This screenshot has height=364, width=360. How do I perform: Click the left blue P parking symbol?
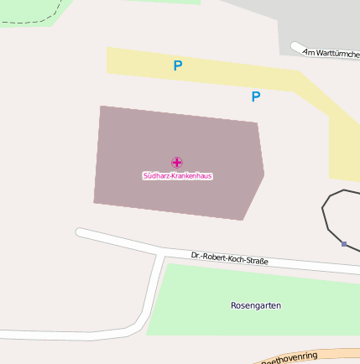click(177, 65)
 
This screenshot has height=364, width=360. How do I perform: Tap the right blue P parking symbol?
click(255, 96)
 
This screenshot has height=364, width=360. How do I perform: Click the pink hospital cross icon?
click(176, 162)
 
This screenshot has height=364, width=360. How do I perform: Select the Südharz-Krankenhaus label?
click(177, 176)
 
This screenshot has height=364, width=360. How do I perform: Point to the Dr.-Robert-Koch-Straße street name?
click(229, 257)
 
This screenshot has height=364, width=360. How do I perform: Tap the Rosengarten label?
click(256, 305)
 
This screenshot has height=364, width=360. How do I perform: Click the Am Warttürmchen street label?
click(331, 52)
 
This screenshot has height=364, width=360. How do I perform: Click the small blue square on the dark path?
click(344, 244)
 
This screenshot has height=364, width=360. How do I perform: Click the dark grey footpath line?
click(325, 218)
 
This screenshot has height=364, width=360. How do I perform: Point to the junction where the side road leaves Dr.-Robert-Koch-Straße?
click(159, 253)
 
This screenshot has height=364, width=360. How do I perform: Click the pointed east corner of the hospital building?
click(263, 174)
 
